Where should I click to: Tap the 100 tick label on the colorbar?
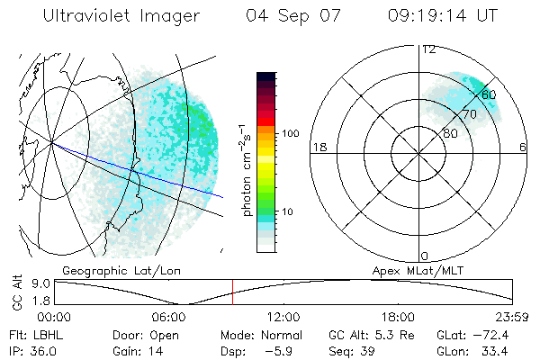(x=291, y=133)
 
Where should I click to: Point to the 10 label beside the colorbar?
(x=287, y=211)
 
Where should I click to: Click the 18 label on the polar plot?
(x=318, y=147)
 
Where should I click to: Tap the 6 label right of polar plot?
(x=523, y=147)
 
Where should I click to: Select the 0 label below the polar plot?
(x=425, y=256)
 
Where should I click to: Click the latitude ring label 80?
(x=450, y=133)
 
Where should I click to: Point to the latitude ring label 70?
(x=468, y=114)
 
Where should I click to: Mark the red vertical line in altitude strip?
(x=232, y=292)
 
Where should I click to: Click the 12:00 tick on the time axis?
(x=283, y=317)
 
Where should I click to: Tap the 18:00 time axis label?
(x=398, y=317)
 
